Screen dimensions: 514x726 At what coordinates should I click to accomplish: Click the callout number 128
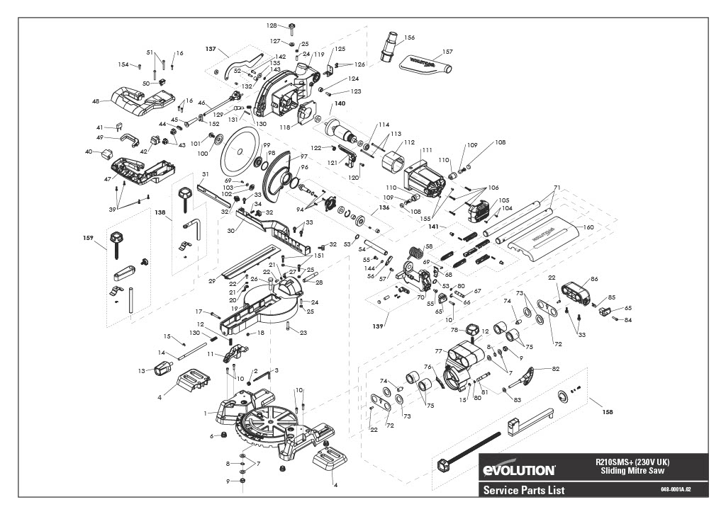(272, 25)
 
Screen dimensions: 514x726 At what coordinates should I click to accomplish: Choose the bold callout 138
(160, 212)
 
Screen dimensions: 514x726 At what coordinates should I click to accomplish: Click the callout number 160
(588, 227)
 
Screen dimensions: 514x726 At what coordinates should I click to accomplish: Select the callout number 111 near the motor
(427, 150)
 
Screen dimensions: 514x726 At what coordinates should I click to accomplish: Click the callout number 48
(95, 101)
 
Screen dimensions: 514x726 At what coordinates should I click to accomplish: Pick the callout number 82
(555, 369)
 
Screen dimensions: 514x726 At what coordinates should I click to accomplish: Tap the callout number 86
(594, 280)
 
